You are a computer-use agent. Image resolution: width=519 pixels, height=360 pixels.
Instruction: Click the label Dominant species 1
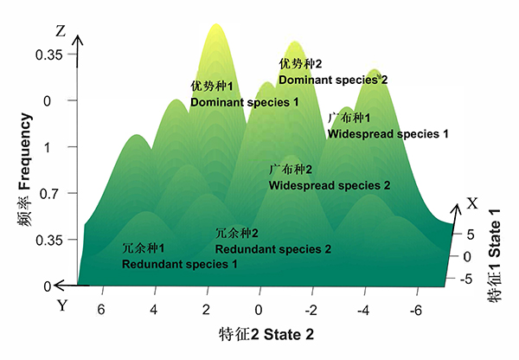pos(244,102)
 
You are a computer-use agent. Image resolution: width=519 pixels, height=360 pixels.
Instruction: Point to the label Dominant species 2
pos(332,80)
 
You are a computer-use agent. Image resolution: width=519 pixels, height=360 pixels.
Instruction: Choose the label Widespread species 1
pos(388,134)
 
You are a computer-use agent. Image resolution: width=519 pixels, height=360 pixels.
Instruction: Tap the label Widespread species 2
pos(330,185)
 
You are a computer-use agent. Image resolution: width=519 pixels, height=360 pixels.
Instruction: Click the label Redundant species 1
pos(179,263)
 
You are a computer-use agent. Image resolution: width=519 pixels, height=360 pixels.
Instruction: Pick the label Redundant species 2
pos(272,249)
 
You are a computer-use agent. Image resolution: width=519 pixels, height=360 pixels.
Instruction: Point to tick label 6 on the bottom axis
pos(102,310)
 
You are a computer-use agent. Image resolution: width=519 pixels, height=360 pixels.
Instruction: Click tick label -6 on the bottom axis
pos(416,310)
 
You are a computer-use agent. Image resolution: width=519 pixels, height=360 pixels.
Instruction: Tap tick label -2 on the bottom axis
pos(311,310)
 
